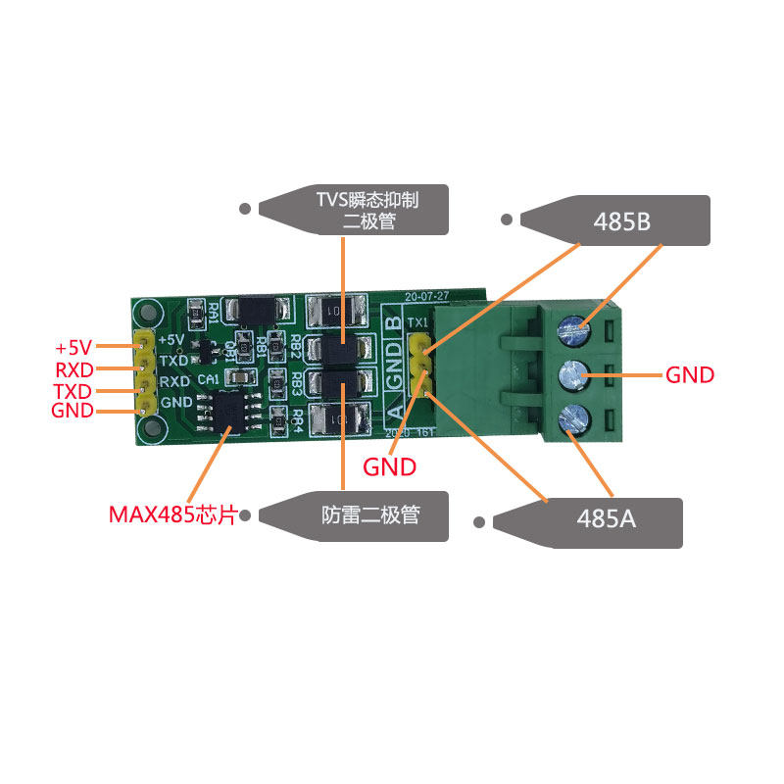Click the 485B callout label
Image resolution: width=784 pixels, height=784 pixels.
click(621, 221)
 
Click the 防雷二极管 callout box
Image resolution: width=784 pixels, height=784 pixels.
click(369, 514)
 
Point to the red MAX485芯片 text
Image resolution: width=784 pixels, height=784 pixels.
click(171, 514)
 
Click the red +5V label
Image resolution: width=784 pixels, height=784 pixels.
click(73, 348)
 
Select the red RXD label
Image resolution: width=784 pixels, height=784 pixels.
click(73, 369)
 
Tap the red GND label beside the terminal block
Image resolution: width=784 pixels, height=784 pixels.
click(690, 374)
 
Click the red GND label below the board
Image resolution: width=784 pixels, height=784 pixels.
click(390, 466)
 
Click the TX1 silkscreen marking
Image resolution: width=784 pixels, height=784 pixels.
click(416, 321)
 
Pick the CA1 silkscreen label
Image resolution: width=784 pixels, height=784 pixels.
click(208, 379)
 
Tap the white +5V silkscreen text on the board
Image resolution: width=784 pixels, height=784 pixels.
click(171, 340)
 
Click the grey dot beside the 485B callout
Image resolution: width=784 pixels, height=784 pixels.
click(507, 220)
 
